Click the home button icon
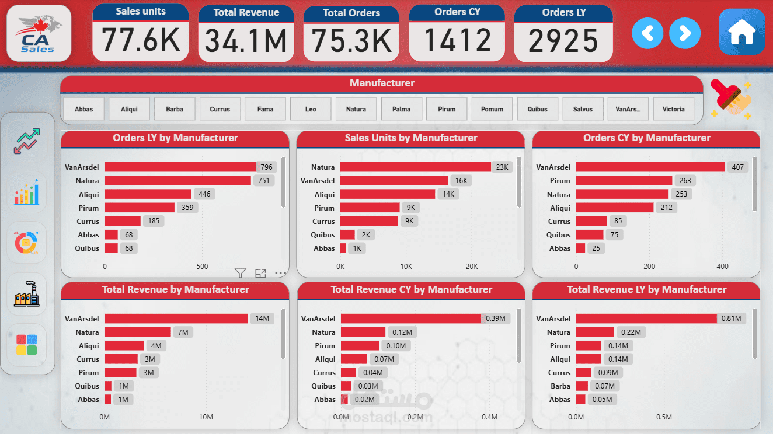coord(742,33)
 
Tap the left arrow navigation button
coord(647,33)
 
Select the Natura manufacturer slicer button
coord(356,109)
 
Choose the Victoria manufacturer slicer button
coord(673,109)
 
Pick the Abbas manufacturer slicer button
coord(83,109)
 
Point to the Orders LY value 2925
coord(563,41)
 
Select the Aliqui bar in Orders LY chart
coord(148,194)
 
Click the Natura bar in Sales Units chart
coord(415,167)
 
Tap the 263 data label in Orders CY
coord(683,181)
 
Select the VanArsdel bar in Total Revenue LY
coord(646,318)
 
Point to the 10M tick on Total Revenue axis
coord(206,417)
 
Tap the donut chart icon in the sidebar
coord(27,242)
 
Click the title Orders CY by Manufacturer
coord(646,138)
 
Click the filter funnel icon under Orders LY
coord(240,272)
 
